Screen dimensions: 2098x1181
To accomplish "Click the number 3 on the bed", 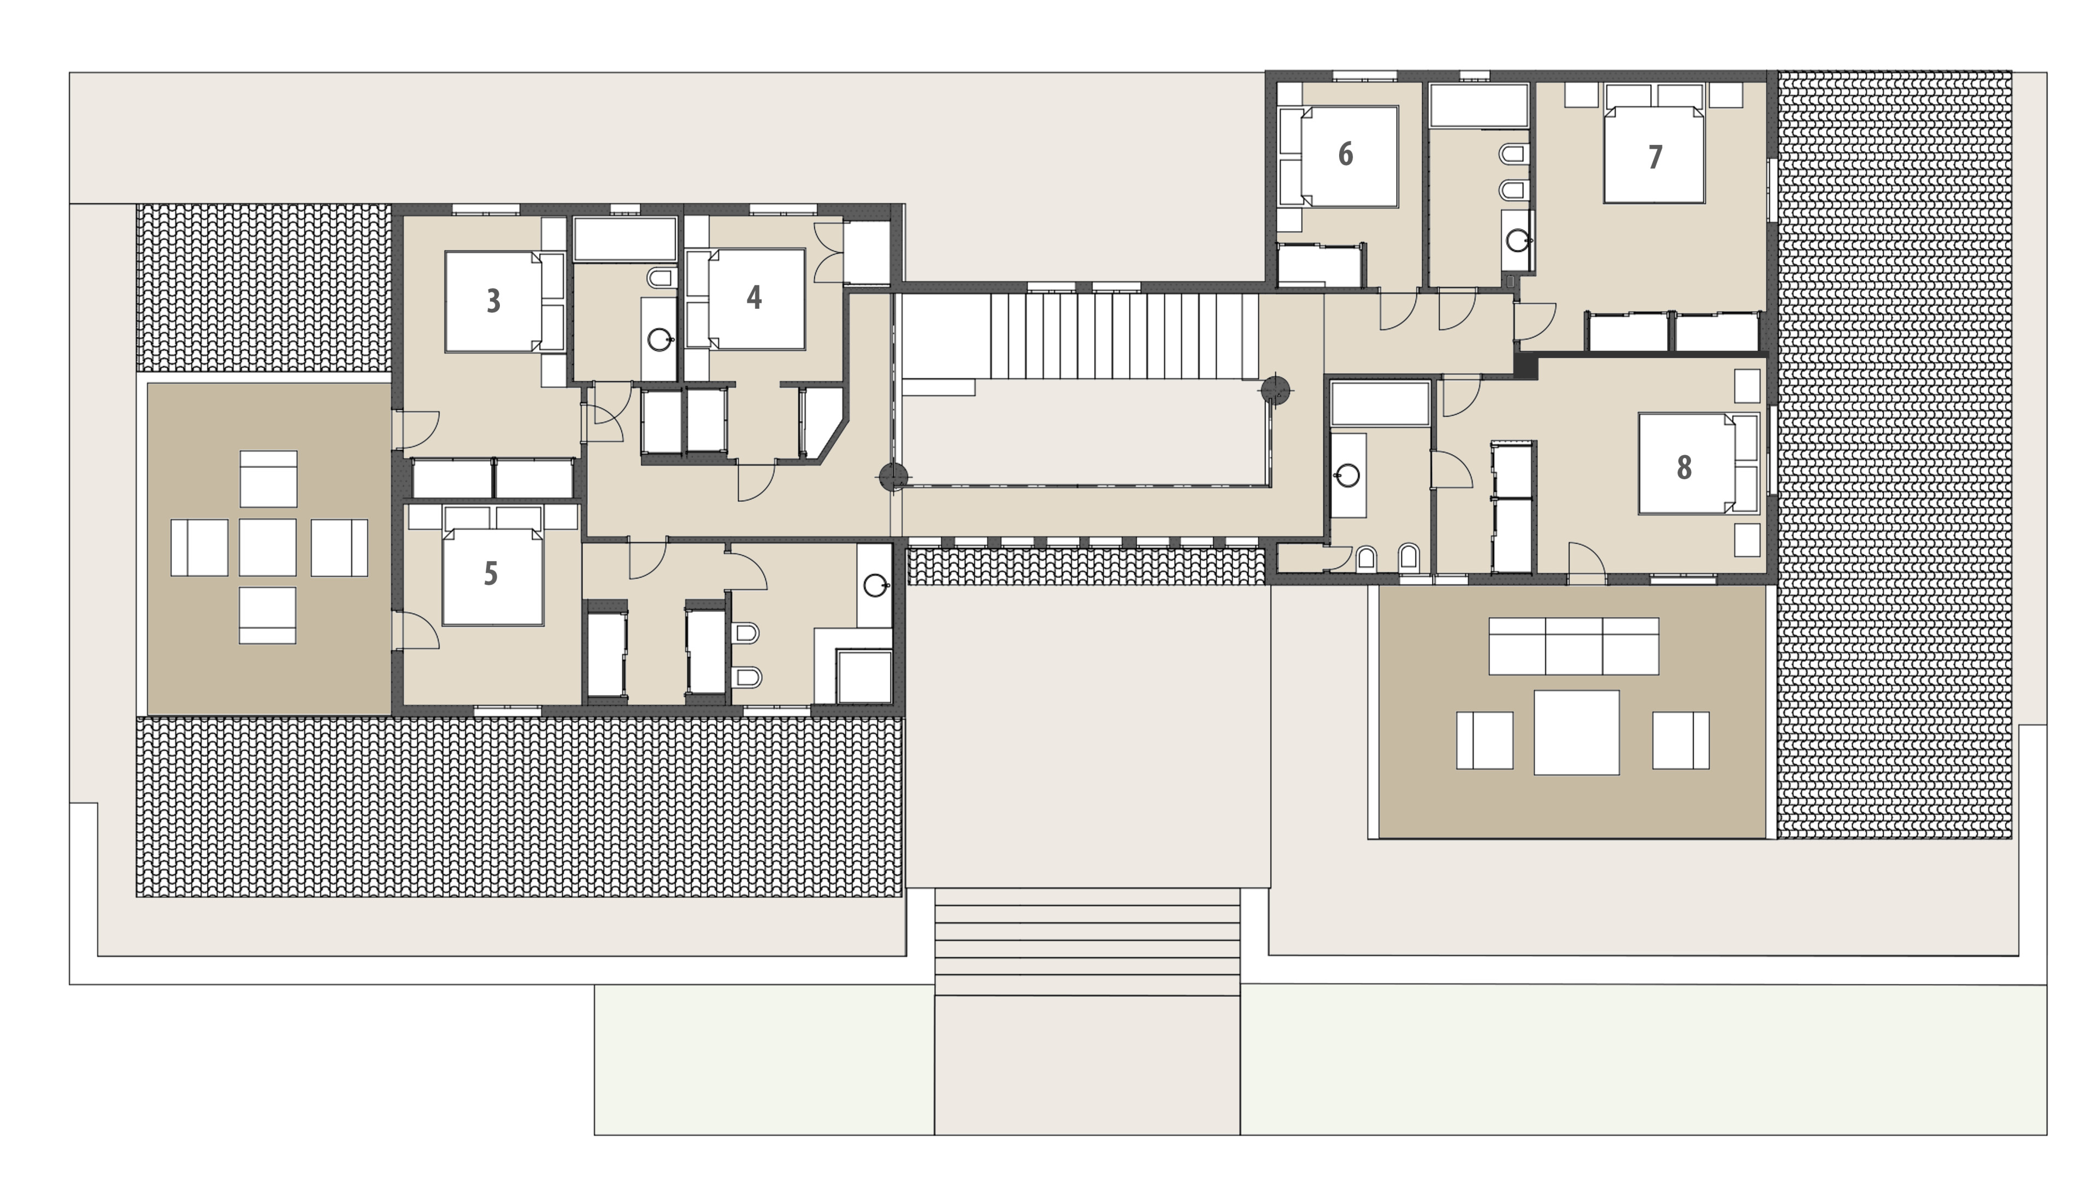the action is [493, 301].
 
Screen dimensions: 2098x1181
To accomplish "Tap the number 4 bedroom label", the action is [754, 297].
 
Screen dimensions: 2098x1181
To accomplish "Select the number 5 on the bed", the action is [490, 573].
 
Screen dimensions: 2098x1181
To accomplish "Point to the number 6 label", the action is [1346, 154].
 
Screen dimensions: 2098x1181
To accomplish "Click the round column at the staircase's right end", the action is [1275, 391].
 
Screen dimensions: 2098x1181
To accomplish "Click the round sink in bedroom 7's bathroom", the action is [1517, 240].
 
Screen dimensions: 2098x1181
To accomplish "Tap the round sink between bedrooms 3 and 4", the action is [659, 339].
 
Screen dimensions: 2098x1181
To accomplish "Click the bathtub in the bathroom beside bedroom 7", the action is [1478, 105].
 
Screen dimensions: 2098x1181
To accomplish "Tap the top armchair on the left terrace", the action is [268, 478].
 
